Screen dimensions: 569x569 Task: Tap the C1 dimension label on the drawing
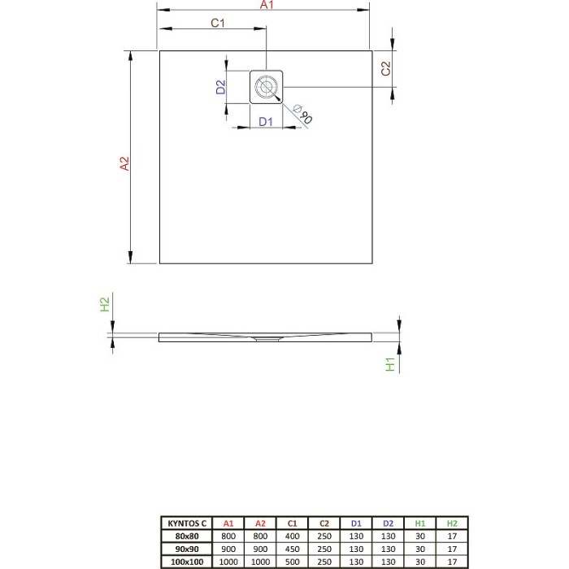217,24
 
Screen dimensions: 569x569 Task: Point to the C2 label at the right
387,70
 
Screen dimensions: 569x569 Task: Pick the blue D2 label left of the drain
220,87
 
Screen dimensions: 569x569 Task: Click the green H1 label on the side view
390,365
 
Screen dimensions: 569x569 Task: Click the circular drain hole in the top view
266,86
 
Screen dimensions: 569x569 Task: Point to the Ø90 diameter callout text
302,115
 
